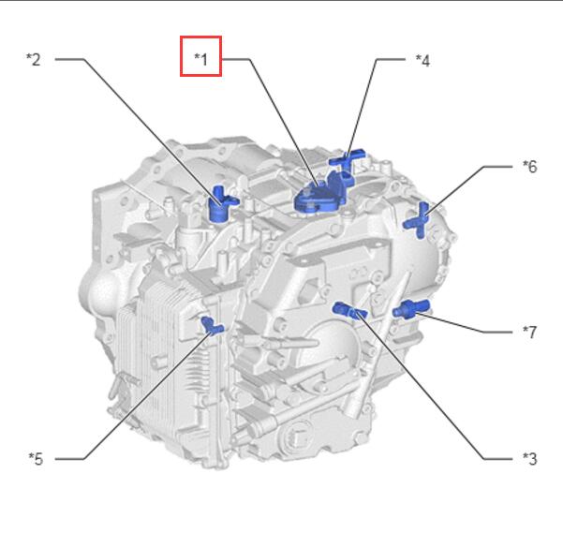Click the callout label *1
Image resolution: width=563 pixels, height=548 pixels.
coord(200,59)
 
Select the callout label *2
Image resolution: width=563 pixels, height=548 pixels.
coord(34,59)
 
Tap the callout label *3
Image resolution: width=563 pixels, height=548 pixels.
coord(529,459)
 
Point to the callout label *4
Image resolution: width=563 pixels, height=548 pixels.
coord(422,60)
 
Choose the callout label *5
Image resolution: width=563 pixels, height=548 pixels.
coord(36,459)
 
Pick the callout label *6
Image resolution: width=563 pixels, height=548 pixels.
coord(529,166)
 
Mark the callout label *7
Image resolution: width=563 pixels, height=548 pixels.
coord(529,332)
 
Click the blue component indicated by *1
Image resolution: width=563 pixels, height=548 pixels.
coord(319,196)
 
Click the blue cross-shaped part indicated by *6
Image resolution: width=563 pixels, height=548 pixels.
coord(420,220)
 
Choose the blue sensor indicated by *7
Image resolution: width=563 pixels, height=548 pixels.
coord(410,309)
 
